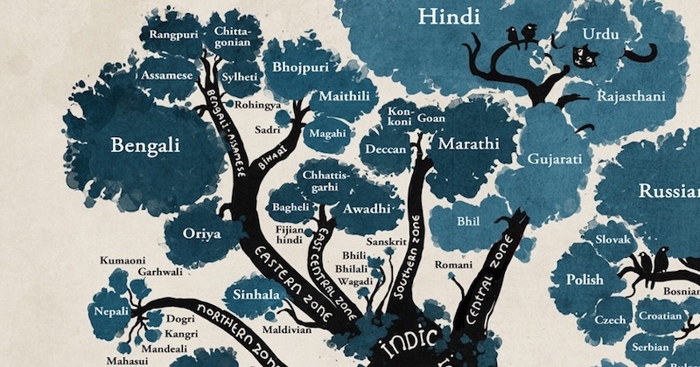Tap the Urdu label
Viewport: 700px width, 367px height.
pyautogui.click(x=602, y=34)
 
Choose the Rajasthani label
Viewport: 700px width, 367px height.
pyautogui.click(x=632, y=94)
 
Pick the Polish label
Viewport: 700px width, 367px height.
pyautogui.click(x=584, y=279)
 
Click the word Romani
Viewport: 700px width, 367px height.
pyautogui.click(x=454, y=263)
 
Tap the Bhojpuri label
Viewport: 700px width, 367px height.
pyautogui.click(x=299, y=66)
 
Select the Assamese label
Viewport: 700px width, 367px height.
pyautogui.click(x=168, y=75)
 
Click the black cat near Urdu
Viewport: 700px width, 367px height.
pyautogui.click(x=579, y=57)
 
